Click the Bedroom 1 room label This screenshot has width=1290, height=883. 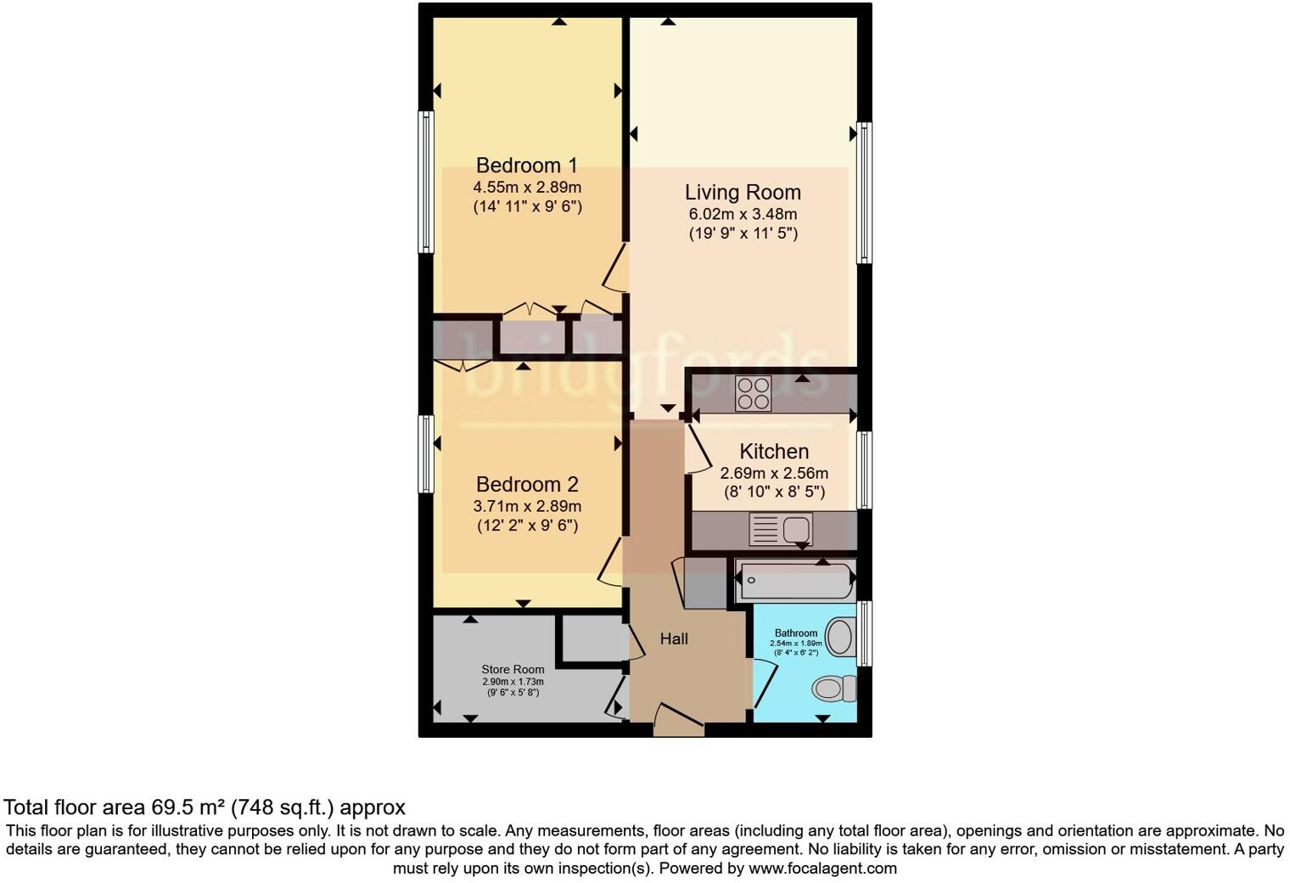(x=526, y=165)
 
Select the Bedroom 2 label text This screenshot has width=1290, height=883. (x=526, y=484)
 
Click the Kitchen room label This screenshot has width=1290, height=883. (x=773, y=452)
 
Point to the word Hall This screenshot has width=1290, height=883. (x=674, y=639)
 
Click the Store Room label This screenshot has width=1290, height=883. (x=513, y=669)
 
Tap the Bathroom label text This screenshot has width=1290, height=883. (x=795, y=633)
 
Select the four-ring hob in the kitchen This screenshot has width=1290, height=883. (x=753, y=393)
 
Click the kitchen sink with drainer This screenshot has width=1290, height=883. (x=781, y=530)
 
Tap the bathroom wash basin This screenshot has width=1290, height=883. (x=839, y=637)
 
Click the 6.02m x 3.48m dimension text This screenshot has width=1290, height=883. (x=743, y=215)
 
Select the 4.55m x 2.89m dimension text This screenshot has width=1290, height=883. (x=526, y=187)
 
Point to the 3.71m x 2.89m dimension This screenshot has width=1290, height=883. (x=526, y=506)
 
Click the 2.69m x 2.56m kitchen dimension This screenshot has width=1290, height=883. (x=773, y=473)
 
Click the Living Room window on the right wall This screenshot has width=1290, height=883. (x=864, y=193)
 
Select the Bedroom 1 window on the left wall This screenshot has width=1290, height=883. (x=426, y=182)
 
